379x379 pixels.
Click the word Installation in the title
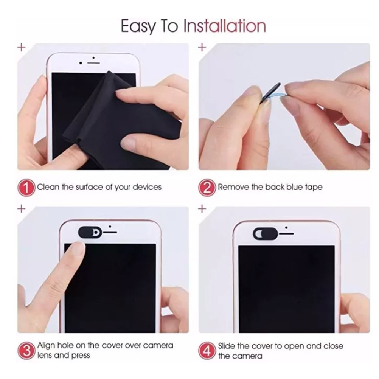[225, 26]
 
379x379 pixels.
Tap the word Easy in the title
[138, 26]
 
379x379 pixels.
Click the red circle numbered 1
[26, 187]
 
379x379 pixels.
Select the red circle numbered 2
[207, 187]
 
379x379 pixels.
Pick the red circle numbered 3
[26, 351]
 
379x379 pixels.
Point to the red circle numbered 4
[207, 351]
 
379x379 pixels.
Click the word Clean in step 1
[48, 187]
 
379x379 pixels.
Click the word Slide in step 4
[227, 346]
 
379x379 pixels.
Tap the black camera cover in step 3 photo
[90, 232]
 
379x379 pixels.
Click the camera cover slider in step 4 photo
[265, 234]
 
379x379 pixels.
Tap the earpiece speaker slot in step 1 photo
[94, 63]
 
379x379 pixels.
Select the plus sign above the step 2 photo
[202, 47]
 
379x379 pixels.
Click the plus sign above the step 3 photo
[22, 208]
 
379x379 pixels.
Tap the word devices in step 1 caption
[147, 187]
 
